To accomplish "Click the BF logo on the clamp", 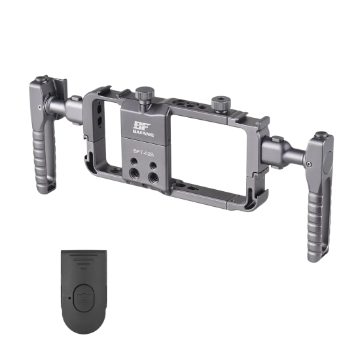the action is point(141,126).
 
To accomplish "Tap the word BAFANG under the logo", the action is point(143,134).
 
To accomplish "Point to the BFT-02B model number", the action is point(144,153).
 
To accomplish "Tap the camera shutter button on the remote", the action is point(84,298).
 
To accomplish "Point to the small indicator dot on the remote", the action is point(69,298).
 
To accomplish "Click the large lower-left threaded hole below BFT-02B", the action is point(134,173).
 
